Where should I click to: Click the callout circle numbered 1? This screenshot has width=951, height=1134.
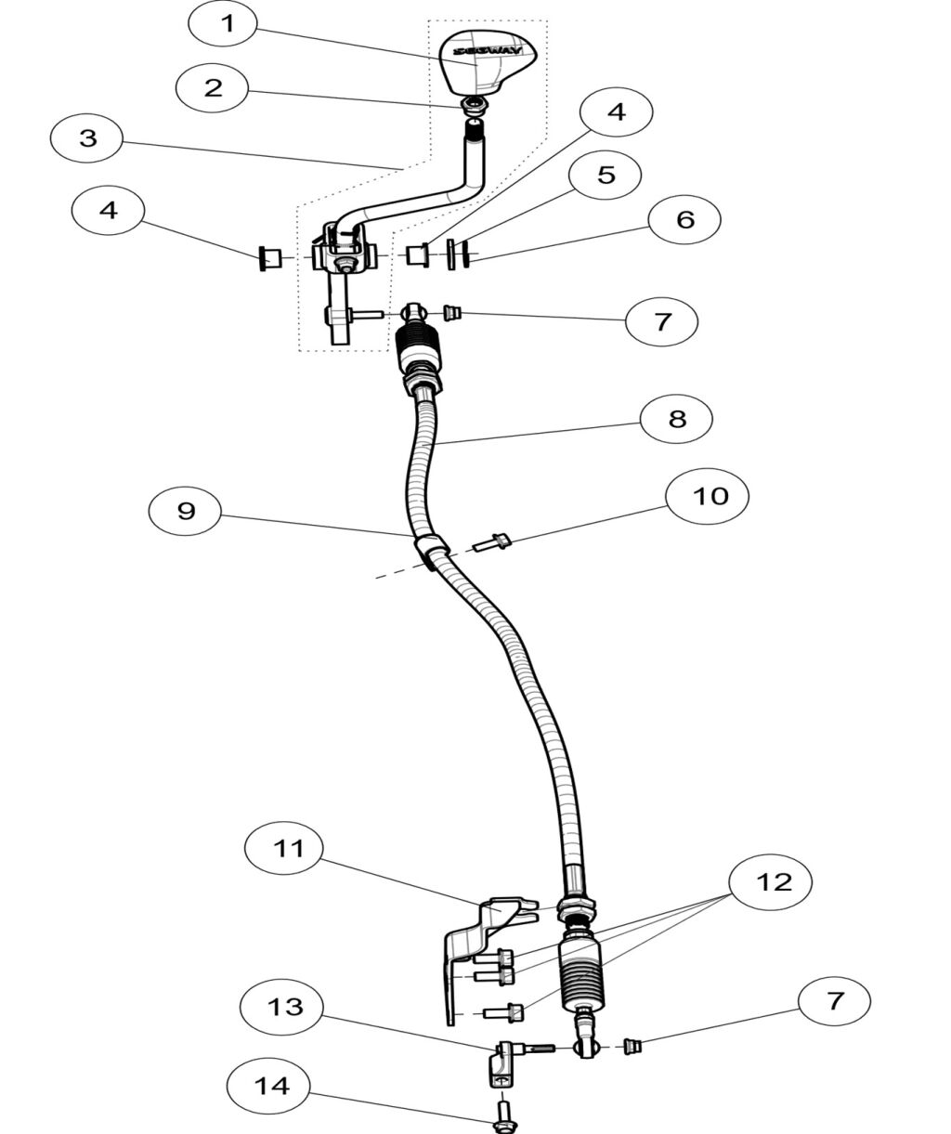(228, 24)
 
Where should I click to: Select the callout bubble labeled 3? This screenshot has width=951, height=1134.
(88, 138)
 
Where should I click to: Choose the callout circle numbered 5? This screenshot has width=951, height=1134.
(606, 176)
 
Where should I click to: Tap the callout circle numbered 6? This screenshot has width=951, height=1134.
(684, 220)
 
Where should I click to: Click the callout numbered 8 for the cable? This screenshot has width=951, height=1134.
(677, 419)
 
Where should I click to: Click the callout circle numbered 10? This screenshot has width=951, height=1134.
(711, 496)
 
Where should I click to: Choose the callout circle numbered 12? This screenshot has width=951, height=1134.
(773, 881)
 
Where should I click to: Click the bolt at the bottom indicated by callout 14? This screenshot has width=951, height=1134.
(503, 1114)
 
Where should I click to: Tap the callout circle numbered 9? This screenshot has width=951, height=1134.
(187, 511)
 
